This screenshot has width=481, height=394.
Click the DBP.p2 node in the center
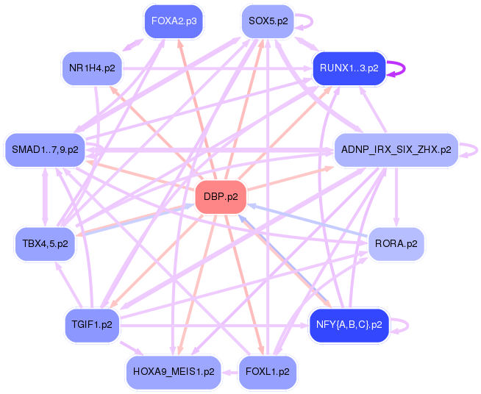point(221,197)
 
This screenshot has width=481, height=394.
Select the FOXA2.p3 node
point(174,21)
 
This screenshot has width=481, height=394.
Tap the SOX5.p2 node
point(268,21)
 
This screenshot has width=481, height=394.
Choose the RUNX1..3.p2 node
point(349,68)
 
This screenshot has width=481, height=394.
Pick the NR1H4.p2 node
point(92,68)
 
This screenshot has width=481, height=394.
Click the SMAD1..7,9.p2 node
point(45,150)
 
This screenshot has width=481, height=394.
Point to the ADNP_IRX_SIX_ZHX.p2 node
point(396,150)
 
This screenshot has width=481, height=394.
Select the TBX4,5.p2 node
point(45,243)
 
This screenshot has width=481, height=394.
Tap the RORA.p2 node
point(396,243)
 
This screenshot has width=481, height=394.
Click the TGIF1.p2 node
point(91,324)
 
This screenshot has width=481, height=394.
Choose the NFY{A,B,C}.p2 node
point(349,324)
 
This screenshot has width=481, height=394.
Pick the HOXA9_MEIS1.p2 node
point(174,372)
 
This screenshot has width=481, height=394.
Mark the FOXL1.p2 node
point(268,372)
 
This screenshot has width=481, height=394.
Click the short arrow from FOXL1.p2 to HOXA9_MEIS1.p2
point(230,372)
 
